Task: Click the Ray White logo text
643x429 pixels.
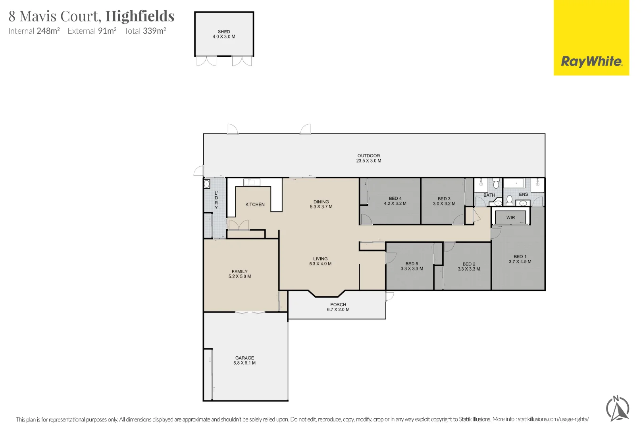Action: [x=591, y=62]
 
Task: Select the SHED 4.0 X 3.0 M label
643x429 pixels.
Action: [x=224, y=34]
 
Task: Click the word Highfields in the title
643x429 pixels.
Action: [x=140, y=16]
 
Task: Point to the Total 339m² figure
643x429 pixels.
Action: [x=145, y=31]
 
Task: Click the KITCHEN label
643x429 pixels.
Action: [x=255, y=205]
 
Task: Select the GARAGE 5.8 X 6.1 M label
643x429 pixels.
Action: [x=244, y=360]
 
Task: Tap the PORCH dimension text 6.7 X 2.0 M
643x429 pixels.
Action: [x=338, y=309]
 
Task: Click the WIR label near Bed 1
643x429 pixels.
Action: [x=510, y=218]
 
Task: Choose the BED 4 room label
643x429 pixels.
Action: [x=395, y=199]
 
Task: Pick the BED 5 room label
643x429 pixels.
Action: [x=412, y=264]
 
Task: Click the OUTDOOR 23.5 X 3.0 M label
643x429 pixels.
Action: [x=368, y=158]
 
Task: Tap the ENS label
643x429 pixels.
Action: [x=523, y=194]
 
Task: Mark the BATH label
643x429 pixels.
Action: [x=489, y=195]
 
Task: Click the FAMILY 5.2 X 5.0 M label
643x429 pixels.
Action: [x=239, y=274]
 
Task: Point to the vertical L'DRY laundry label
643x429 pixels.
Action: [x=216, y=200]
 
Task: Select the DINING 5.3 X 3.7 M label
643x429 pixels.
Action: [x=321, y=204]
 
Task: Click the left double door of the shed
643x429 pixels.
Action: [x=206, y=61]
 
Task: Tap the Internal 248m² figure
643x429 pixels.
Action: [x=34, y=31]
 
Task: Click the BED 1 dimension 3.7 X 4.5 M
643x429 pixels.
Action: [x=520, y=261]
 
